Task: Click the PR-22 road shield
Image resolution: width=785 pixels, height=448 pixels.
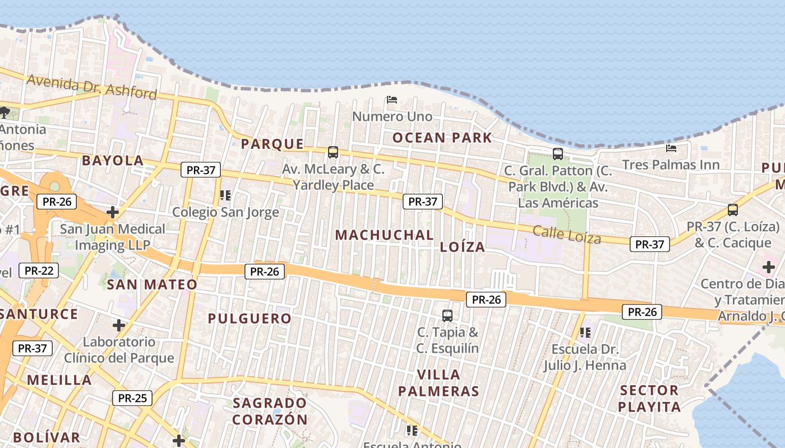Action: pyautogui.click(x=39, y=270)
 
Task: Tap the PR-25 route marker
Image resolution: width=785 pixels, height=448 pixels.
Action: pyautogui.click(x=132, y=398)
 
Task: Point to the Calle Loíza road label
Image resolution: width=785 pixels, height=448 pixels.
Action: pyautogui.click(x=566, y=234)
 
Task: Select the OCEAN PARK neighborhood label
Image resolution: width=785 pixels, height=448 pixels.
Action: pyautogui.click(x=442, y=138)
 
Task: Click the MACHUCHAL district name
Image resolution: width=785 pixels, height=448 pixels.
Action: pyautogui.click(x=385, y=235)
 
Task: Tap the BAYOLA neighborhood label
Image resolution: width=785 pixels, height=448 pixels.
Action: pyautogui.click(x=113, y=161)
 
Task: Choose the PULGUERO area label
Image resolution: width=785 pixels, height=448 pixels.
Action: pyautogui.click(x=250, y=319)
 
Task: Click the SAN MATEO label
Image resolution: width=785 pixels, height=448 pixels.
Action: pyautogui.click(x=152, y=284)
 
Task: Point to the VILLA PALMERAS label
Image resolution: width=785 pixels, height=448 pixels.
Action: pyautogui.click(x=439, y=382)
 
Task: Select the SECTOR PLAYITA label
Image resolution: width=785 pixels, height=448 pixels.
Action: pyautogui.click(x=649, y=398)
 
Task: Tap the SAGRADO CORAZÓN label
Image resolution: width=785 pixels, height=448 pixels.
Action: pyautogui.click(x=270, y=411)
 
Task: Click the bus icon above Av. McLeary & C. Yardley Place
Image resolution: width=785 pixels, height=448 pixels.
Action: pyautogui.click(x=333, y=152)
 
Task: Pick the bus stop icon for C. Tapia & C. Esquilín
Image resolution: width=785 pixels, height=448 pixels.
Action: pyautogui.click(x=447, y=315)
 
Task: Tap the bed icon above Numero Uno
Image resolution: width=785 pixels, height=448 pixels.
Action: pyautogui.click(x=392, y=100)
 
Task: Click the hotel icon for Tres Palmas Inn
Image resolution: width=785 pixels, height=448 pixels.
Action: pyautogui.click(x=671, y=148)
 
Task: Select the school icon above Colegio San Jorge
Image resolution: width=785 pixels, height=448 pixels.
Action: pyautogui.click(x=225, y=195)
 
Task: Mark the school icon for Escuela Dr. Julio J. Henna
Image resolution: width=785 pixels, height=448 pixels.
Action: pyautogui.click(x=585, y=333)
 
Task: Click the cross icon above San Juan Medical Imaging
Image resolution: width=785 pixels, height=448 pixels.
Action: pyautogui.click(x=113, y=212)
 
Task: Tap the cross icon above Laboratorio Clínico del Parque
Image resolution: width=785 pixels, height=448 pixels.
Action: pyautogui.click(x=119, y=325)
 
